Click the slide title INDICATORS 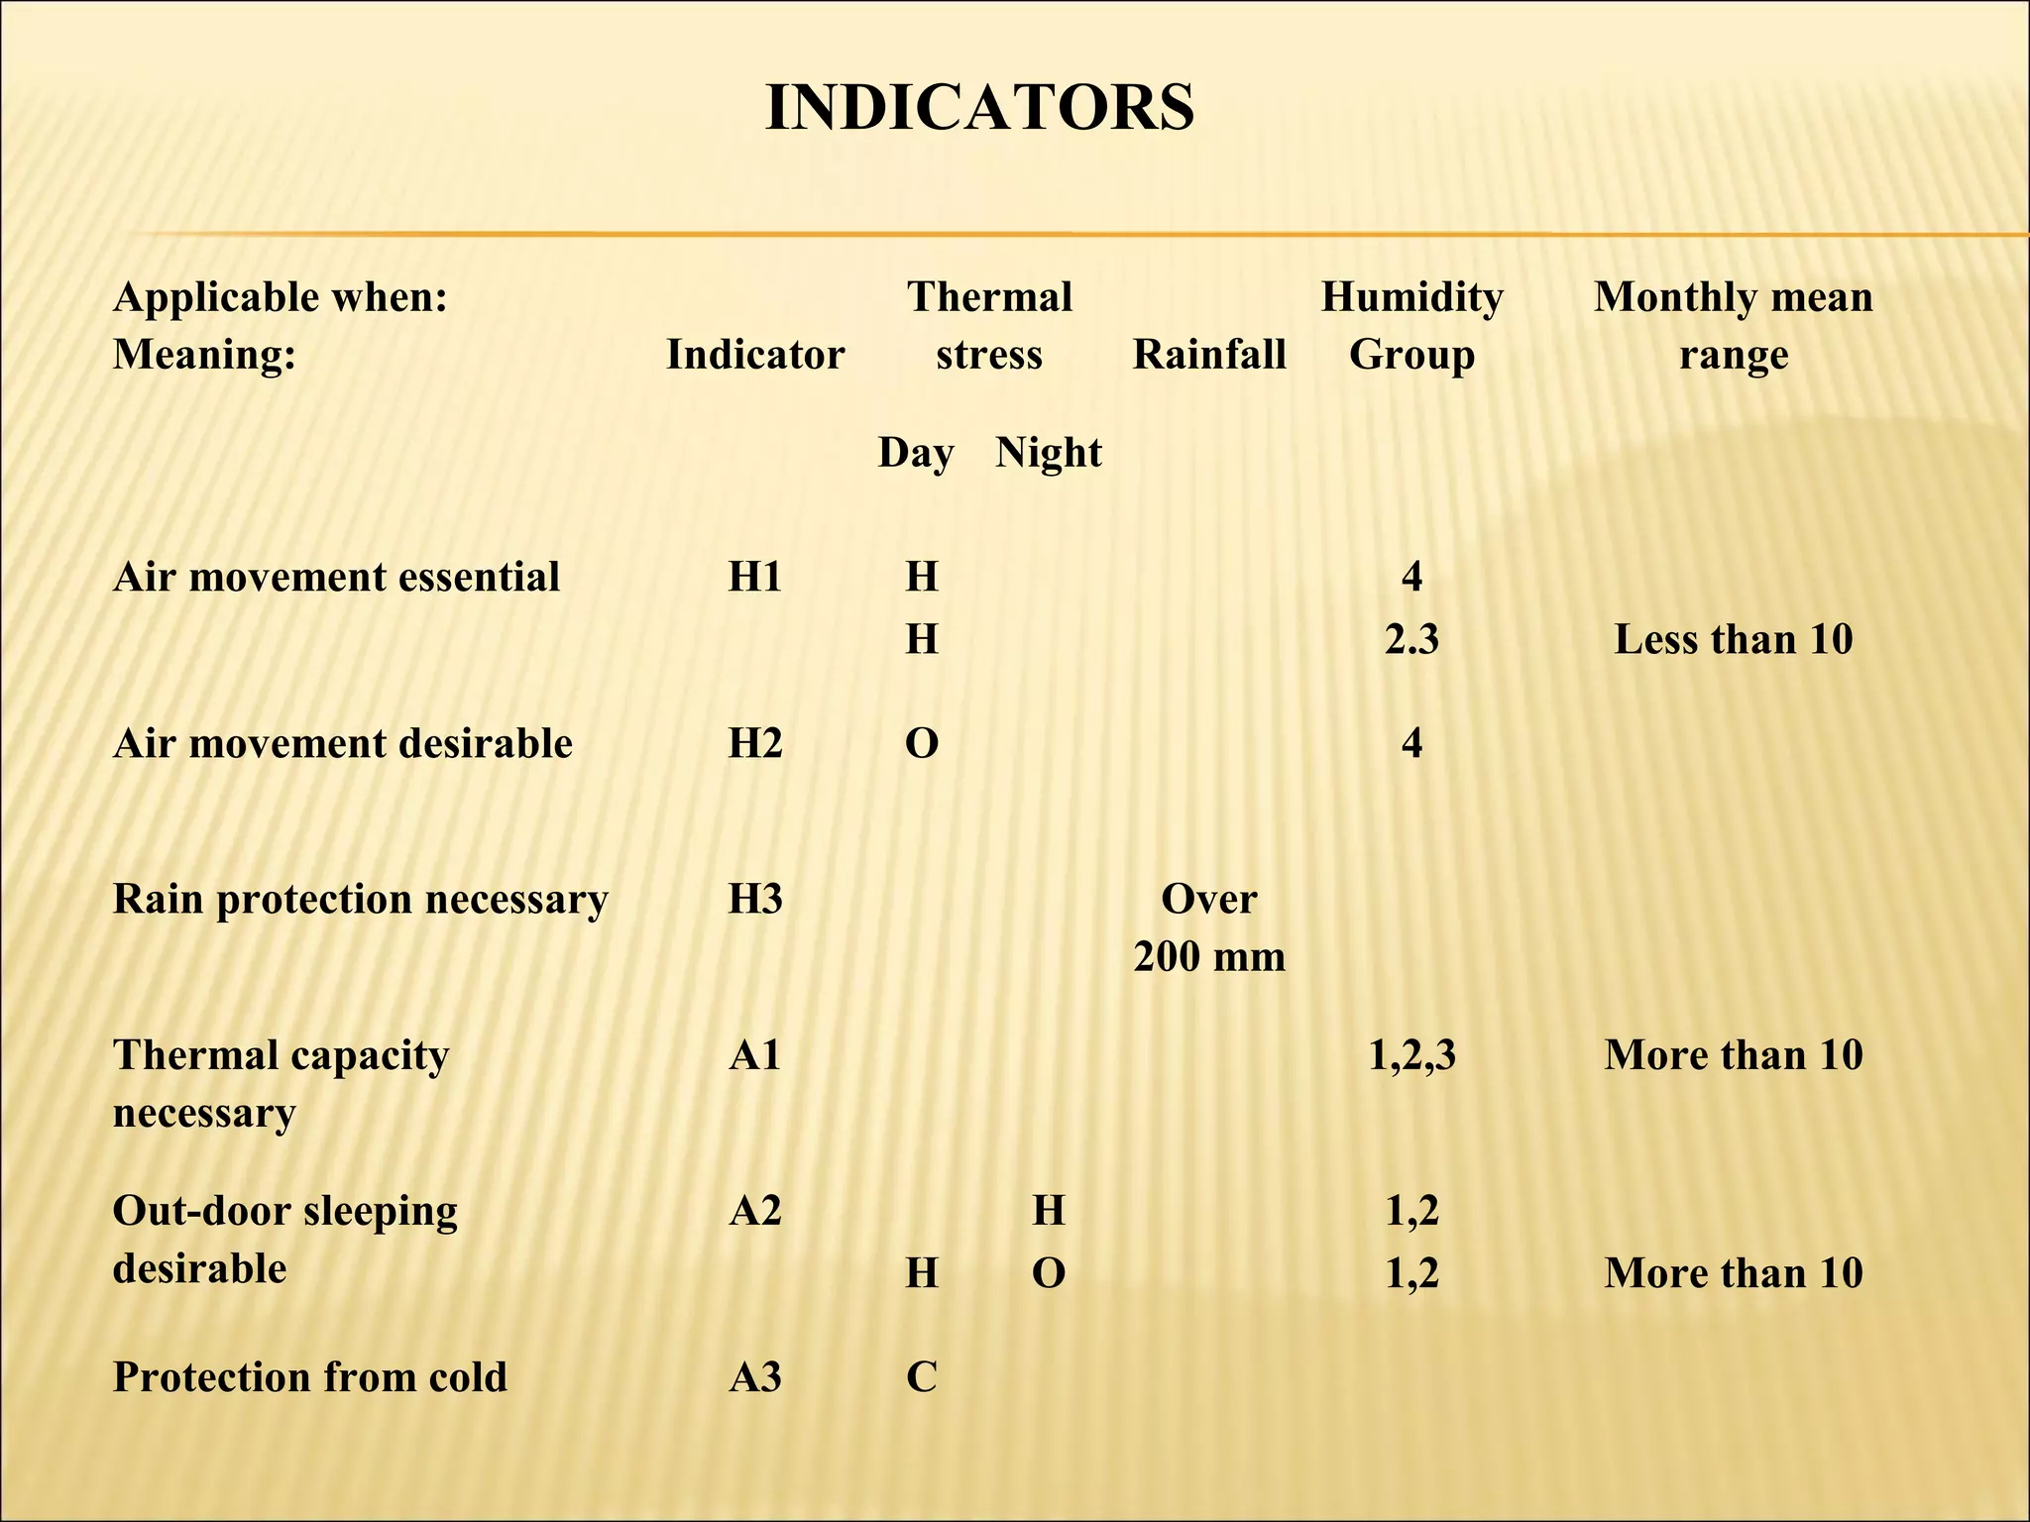pos(979,107)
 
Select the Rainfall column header pos(1209,354)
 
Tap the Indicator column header pos(754,354)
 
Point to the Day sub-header pos(915,453)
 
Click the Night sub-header pos(1048,453)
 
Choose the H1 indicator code pos(754,577)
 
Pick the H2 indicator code pos(754,743)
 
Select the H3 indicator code pos(754,899)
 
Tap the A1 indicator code pos(754,1054)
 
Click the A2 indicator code pos(754,1210)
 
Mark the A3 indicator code pos(754,1376)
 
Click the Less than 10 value pos(1733,639)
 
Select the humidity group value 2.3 pos(1411,639)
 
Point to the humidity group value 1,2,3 pos(1411,1054)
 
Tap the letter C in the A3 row pos(921,1376)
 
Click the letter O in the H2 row pos(921,743)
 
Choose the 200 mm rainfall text pos(1209,956)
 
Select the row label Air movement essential pos(336,577)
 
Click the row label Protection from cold pos(309,1376)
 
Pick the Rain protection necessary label pos(360,899)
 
